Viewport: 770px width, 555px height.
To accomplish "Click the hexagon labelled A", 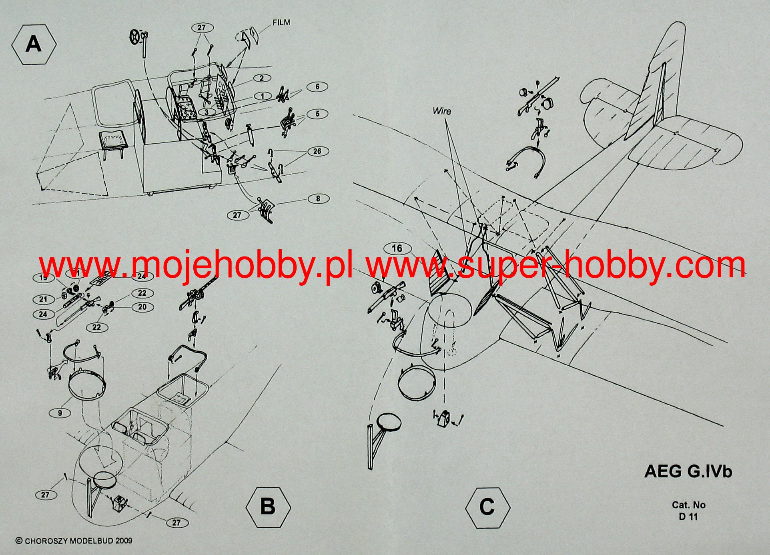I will [x=34, y=44].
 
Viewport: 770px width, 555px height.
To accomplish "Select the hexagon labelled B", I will [x=268, y=507].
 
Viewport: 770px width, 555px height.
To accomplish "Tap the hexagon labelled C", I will [x=487, y=507].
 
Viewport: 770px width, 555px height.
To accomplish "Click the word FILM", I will [x=281, y=23].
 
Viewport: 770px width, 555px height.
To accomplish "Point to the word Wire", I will [x=442, y=111].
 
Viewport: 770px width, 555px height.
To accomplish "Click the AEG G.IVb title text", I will [x=688, y=471].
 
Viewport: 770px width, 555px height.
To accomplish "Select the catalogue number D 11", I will [x=688, y=517].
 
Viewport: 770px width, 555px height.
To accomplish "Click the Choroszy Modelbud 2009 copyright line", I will [x=74, y=541].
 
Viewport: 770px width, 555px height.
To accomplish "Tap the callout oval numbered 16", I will [x=397, y=248].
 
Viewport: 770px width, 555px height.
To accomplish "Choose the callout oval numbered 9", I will [x=60, y=413].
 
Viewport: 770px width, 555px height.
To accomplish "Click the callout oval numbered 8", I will [x=318, y=198].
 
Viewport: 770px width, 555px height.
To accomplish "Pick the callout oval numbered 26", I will [x=317, y=151].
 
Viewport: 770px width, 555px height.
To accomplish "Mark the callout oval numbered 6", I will [x=317, y=87].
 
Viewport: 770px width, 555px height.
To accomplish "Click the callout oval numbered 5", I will [x=317, y=114].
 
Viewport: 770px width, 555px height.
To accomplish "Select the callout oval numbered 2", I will [x=261, y=78].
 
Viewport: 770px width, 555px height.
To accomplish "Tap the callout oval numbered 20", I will [x=142, y=307].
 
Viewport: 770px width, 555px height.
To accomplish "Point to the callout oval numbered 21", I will [x=43, y=299].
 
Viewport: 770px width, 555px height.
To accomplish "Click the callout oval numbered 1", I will [x=262, y=96].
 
